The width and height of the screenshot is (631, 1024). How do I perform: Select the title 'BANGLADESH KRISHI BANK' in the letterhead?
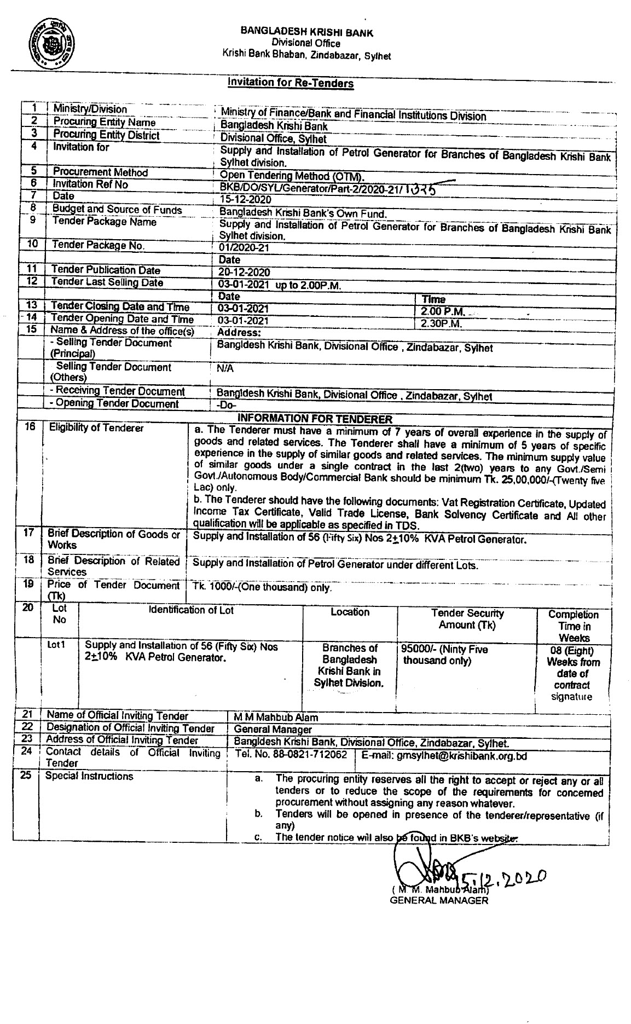(x=306, y=33)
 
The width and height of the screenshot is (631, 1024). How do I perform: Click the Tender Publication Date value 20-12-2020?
(x=244, y=273)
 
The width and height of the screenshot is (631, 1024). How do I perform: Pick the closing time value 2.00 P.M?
(x=443, y=311)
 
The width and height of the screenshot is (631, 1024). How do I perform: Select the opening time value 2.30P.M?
(x=441, y=323)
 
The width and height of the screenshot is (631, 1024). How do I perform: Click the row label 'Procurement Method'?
(x=101, y=172)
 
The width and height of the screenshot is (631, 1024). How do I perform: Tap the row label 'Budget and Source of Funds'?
(x=117, y=210)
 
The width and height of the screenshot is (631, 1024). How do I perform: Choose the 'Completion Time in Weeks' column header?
(x=573, y=626)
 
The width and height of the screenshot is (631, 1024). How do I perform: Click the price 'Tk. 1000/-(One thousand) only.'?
(x=262, y=588)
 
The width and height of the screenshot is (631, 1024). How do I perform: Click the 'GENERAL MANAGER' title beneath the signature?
(x=438, y=901)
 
